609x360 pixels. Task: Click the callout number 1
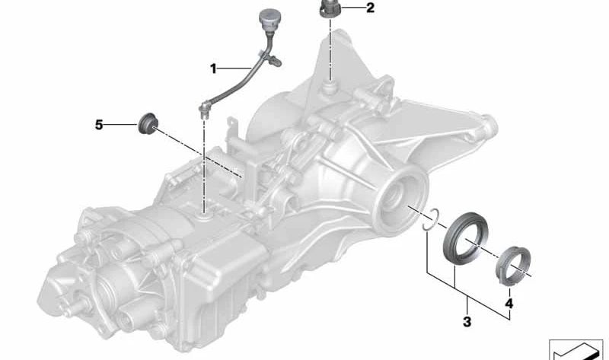point(214,68)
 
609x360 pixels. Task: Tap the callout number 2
point(370,9)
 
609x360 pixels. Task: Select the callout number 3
point(467,322)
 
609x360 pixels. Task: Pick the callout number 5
point(99,124)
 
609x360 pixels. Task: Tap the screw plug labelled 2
point(330,11)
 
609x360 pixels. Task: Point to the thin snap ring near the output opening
point(431,218)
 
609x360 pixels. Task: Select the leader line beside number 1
point(233,68)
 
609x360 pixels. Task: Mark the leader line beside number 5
point(120,124)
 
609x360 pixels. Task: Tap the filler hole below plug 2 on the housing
point(330,89)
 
